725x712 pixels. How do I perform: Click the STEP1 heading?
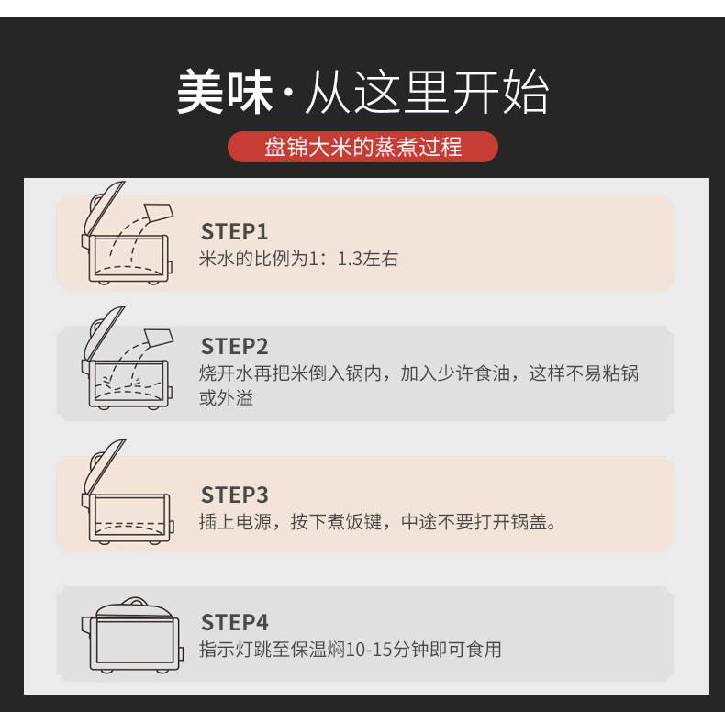[234, 231]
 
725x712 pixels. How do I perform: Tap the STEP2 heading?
[234, 346]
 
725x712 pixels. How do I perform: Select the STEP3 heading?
[234, 495]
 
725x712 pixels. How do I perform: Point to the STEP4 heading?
[234, 622]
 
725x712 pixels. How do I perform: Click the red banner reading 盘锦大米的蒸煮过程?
[363, 147]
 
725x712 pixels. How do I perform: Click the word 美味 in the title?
[225, 91]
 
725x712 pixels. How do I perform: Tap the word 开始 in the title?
[500, 91]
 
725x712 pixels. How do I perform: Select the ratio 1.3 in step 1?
[350, 259]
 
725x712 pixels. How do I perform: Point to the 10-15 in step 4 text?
[370, 650]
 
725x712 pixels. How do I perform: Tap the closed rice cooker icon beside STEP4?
[133, 634]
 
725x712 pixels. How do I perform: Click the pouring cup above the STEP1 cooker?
[159, 213]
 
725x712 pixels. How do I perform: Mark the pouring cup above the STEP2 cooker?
[159, 339]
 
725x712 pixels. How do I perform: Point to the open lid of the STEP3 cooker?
[106, 466]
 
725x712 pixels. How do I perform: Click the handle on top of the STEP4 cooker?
[135, 601]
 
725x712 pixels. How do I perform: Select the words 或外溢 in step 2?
[226, 398]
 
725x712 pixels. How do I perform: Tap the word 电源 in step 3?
[254, 522]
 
